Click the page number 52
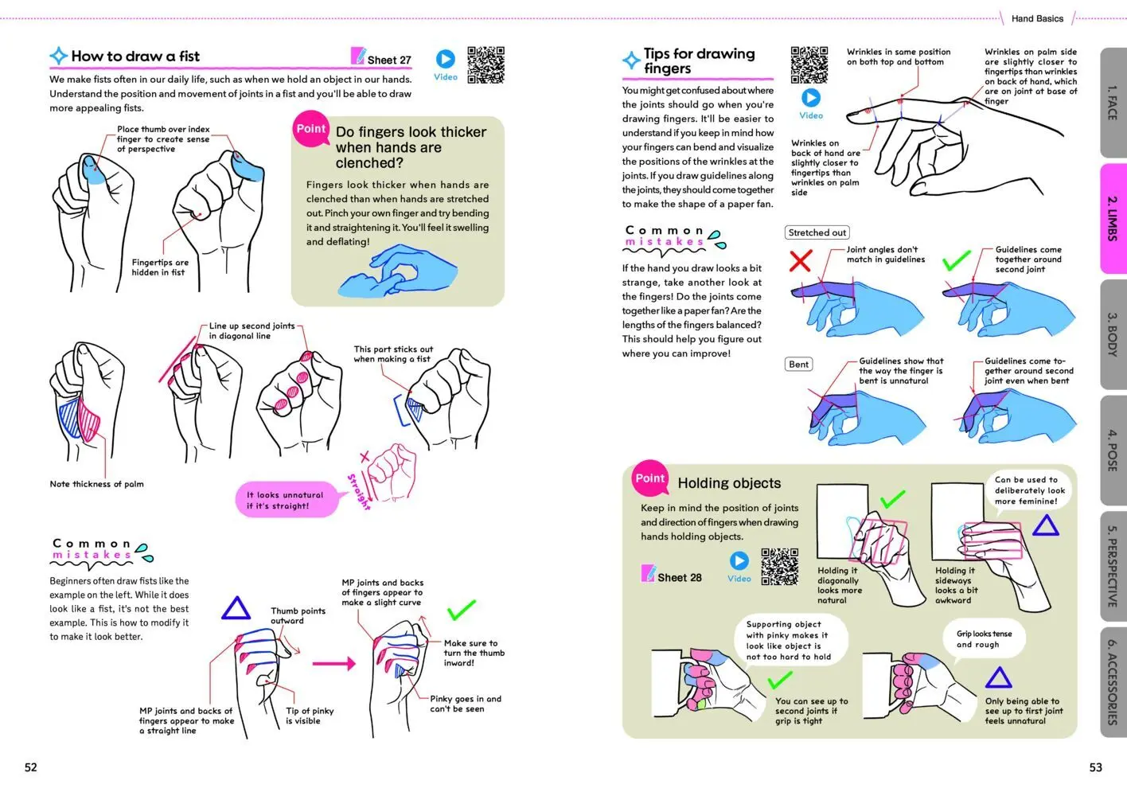(31, 767)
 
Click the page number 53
(1096, 767)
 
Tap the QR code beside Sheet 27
(486, 65)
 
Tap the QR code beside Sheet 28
(779, 567)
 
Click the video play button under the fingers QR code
(810, 98)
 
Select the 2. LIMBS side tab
(1113, 218)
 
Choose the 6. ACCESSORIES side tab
(1113, 682)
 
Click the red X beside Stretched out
(800, 260)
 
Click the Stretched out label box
(817, 232)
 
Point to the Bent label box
(798, 364)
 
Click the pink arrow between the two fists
(333, 664)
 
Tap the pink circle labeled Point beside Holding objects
(650, 478)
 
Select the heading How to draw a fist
(135, 56)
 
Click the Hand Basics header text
(1037, 18)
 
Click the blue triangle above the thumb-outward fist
(236, 608)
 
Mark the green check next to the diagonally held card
(892, 498)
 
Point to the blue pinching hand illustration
(397, 271)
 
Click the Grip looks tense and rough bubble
(984, 639)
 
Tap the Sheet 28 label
(679, 577)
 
